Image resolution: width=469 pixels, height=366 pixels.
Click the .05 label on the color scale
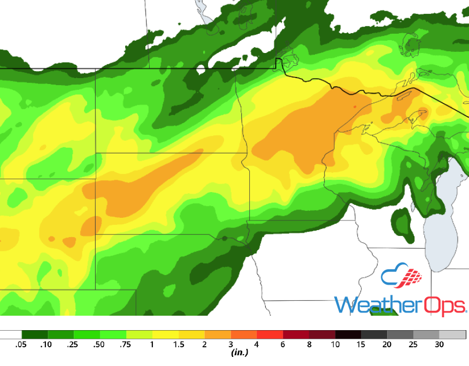click(21, 345)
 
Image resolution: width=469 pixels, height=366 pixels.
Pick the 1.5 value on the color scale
click(178, 345)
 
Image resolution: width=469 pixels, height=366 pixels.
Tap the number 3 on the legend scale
click(230, 345)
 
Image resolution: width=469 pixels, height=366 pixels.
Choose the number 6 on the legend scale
click(283, 345)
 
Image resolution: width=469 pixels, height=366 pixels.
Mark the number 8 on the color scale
click(309, 345)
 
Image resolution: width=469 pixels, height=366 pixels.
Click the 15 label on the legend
click(361, 345)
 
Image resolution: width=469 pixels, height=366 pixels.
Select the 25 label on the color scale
click(413, 345)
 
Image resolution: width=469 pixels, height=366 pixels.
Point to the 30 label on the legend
click(440, 345)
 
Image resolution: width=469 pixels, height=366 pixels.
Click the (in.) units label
click(239, 353)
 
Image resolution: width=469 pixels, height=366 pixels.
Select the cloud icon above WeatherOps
click(401, 276)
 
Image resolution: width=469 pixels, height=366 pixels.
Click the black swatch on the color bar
click(348, 335)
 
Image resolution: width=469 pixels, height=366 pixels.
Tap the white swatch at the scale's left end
click(11, 335)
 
